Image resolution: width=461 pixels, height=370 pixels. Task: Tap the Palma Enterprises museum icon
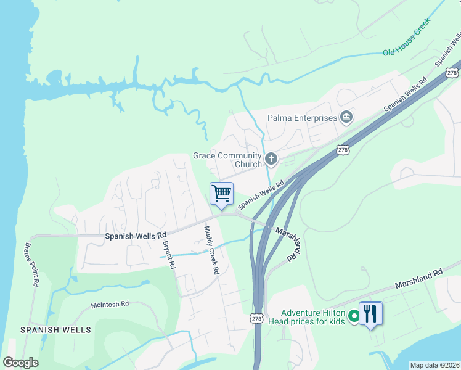coord(346,117)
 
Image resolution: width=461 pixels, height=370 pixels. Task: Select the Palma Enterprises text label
coord(302,118)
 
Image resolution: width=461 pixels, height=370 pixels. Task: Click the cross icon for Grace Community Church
coord(271,160)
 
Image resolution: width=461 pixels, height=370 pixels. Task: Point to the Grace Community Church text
coord(227,160)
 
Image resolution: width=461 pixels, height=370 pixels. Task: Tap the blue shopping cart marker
coord(222,193)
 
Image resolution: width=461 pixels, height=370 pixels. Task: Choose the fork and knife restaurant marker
coord(370,313)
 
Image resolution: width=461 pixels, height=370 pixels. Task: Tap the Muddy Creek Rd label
coord(211,250)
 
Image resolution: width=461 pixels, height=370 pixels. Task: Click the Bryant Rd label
coord(168,253)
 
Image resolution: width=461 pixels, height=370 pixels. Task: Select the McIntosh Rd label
coord(110,304)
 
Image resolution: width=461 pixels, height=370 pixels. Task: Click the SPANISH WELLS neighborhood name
coord(55,330)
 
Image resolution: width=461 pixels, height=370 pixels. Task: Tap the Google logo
coord(21,363)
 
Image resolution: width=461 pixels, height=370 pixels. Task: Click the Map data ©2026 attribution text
coord(434,365)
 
